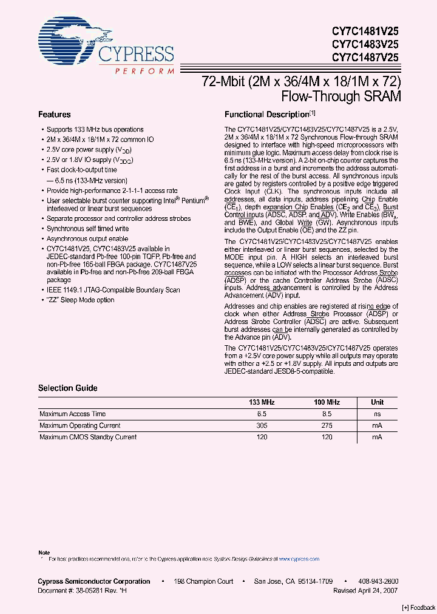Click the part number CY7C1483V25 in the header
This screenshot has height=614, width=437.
click(364, 44)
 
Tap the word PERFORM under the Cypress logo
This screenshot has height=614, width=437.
click(144, 72)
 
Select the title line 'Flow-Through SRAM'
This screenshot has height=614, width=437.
click(341, 96)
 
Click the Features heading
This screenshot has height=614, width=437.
click(55, 115)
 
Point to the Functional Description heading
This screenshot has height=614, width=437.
click(267, 115)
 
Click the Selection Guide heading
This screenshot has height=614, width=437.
click(68, 388)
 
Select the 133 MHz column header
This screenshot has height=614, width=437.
click(262, 402)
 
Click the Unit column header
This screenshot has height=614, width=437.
click(377, 402)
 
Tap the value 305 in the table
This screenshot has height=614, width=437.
click(262, 425)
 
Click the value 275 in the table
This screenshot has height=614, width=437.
click(327, 425)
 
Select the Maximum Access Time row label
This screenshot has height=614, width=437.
click(73, 414)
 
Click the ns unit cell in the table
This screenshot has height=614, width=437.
click(377, 414)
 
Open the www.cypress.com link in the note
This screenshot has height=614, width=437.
click(299, 559)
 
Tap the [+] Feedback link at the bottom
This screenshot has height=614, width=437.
click(418, 608)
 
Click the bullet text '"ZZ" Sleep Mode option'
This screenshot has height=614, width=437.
click(80, 300)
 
